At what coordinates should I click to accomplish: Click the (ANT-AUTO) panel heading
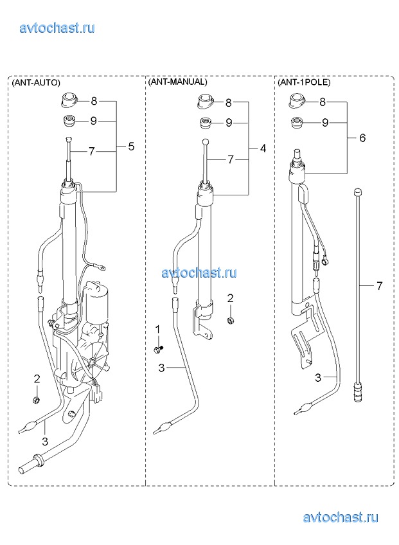click(36, 83)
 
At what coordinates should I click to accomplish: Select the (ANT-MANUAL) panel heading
click(177, 82)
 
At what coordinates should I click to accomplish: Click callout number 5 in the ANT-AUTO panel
click(131, 147)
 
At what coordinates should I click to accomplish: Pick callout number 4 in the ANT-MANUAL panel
click(263, 148)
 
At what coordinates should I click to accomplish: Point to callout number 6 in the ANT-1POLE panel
click(362, 138)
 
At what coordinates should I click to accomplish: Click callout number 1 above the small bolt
click(157, 330)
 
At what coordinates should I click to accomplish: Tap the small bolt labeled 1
click(157, 348)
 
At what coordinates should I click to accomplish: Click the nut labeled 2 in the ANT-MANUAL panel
click(229, 320)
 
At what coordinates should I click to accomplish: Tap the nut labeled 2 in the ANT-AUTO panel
click(37, 400)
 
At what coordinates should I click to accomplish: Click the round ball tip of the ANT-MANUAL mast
click(205, 143)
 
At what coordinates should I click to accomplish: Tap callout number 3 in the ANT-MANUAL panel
click(162, 368)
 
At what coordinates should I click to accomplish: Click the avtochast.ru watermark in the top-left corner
click(57, 28)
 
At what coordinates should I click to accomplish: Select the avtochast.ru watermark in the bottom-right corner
click(340, 517)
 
